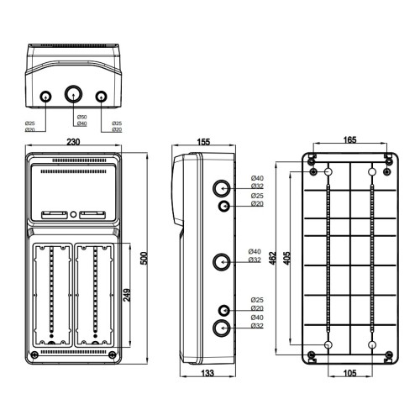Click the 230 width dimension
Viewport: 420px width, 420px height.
coord(73,142)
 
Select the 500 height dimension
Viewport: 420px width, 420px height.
coord(144,259)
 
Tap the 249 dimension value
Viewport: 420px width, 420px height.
coord(127,295)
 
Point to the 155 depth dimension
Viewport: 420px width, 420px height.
coord(203,142)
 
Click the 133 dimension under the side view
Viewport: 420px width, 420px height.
coord(207,373)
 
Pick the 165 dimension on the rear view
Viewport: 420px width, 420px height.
coord(350,139)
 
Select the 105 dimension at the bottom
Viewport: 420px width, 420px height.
coord(350,373)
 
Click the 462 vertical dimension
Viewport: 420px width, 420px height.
coord(273,258)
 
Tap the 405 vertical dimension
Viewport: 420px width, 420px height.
coord(286,258)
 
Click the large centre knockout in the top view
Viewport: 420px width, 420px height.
coord(74,94)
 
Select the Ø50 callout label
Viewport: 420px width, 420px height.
coord(82,117)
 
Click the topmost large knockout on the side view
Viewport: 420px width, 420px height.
coord(222,188)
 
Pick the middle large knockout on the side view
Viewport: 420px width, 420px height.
coord(222,262)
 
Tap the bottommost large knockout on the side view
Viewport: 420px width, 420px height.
coord(222,328)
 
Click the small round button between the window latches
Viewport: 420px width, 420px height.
coord(73,215)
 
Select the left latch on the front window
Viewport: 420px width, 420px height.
coord(55,215)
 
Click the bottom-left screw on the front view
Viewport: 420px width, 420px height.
coord(34,354)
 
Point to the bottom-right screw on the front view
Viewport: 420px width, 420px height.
coord(112,354)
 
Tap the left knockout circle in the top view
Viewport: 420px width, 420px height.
coord(45,97)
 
